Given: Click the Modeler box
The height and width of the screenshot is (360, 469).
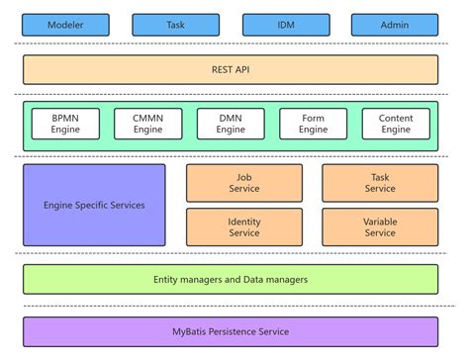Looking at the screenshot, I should tap(65, 25).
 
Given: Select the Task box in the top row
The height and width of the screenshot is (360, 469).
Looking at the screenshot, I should tap(175, 25).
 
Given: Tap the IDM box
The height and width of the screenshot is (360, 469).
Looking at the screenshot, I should tap(285, 25).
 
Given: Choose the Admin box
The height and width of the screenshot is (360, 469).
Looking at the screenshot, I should tap(394, 25).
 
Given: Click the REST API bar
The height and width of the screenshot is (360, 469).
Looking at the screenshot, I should tap(231, 69).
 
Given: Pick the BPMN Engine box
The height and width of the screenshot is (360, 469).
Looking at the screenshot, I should tap(66, 124).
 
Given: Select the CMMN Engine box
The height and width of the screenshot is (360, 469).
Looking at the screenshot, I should tap(148, 124).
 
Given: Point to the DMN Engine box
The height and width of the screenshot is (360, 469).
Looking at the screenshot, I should tap(231, 124).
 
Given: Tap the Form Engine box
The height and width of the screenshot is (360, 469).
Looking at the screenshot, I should tap(314, 124).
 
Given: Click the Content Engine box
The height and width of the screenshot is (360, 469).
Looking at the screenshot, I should tap(396, 124).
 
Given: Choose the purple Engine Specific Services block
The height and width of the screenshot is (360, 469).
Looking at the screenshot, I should tap(94, 206).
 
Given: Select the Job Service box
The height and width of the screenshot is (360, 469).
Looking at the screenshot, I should tap(244, 183).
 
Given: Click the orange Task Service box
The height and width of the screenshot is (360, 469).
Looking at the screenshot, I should tap(380, 183).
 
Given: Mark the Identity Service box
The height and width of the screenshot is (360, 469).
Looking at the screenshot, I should tap(244, 227).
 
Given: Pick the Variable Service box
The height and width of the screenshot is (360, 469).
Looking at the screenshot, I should tap(380, 227).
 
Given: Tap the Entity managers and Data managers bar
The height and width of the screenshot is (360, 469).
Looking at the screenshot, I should tap(231, 279).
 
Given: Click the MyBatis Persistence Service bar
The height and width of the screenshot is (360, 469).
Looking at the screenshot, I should tap(231, 331).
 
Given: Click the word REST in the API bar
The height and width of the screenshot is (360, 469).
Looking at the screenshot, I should tap(222, 69).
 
